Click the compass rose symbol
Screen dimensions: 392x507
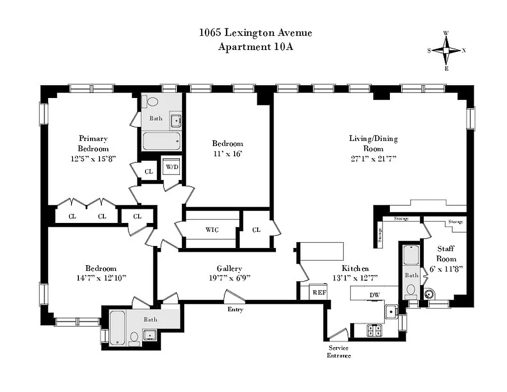coord(446,50)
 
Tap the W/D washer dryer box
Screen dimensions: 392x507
coord(171,166)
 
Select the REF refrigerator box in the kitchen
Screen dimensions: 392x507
coord(319,292)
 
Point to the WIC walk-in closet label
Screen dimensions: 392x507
coord(212,229)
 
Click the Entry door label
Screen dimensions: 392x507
coord(235,309)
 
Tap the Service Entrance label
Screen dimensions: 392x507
coord(339,352)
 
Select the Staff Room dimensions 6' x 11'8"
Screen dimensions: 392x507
coord(446,268)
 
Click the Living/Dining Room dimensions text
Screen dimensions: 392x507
coord(373,158)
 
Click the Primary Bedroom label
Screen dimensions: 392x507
coord(93,143)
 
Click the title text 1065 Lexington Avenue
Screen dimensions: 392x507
coord(255,33)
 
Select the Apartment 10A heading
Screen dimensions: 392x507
coord(255,47)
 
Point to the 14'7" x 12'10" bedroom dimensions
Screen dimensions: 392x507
coord(101,278)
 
